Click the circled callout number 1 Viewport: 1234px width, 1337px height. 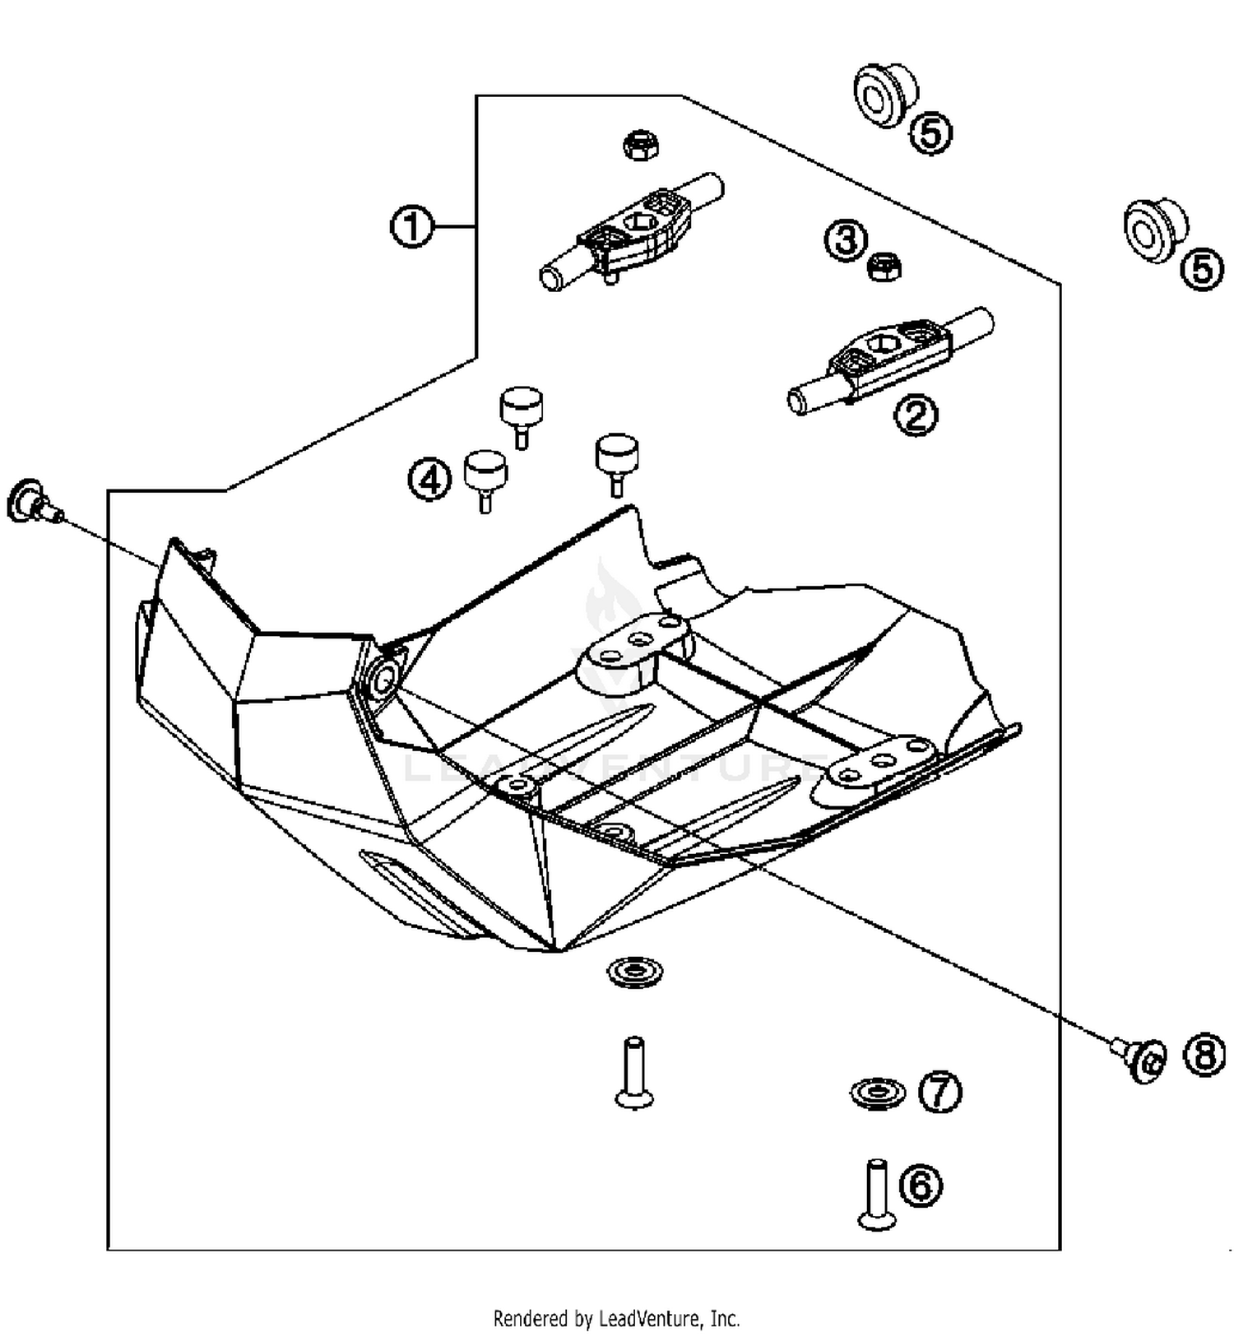point(411,226)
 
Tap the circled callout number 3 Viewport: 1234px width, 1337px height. point(846,240)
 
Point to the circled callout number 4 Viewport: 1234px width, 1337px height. point(429,479)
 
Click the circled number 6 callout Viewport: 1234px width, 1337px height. point(920,1186)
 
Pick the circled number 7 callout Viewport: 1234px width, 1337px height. point(939,1092)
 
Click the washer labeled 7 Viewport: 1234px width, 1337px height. point(877,1093)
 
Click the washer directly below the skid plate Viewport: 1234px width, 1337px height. point(634,973)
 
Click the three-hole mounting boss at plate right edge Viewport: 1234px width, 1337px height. point(880,761)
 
